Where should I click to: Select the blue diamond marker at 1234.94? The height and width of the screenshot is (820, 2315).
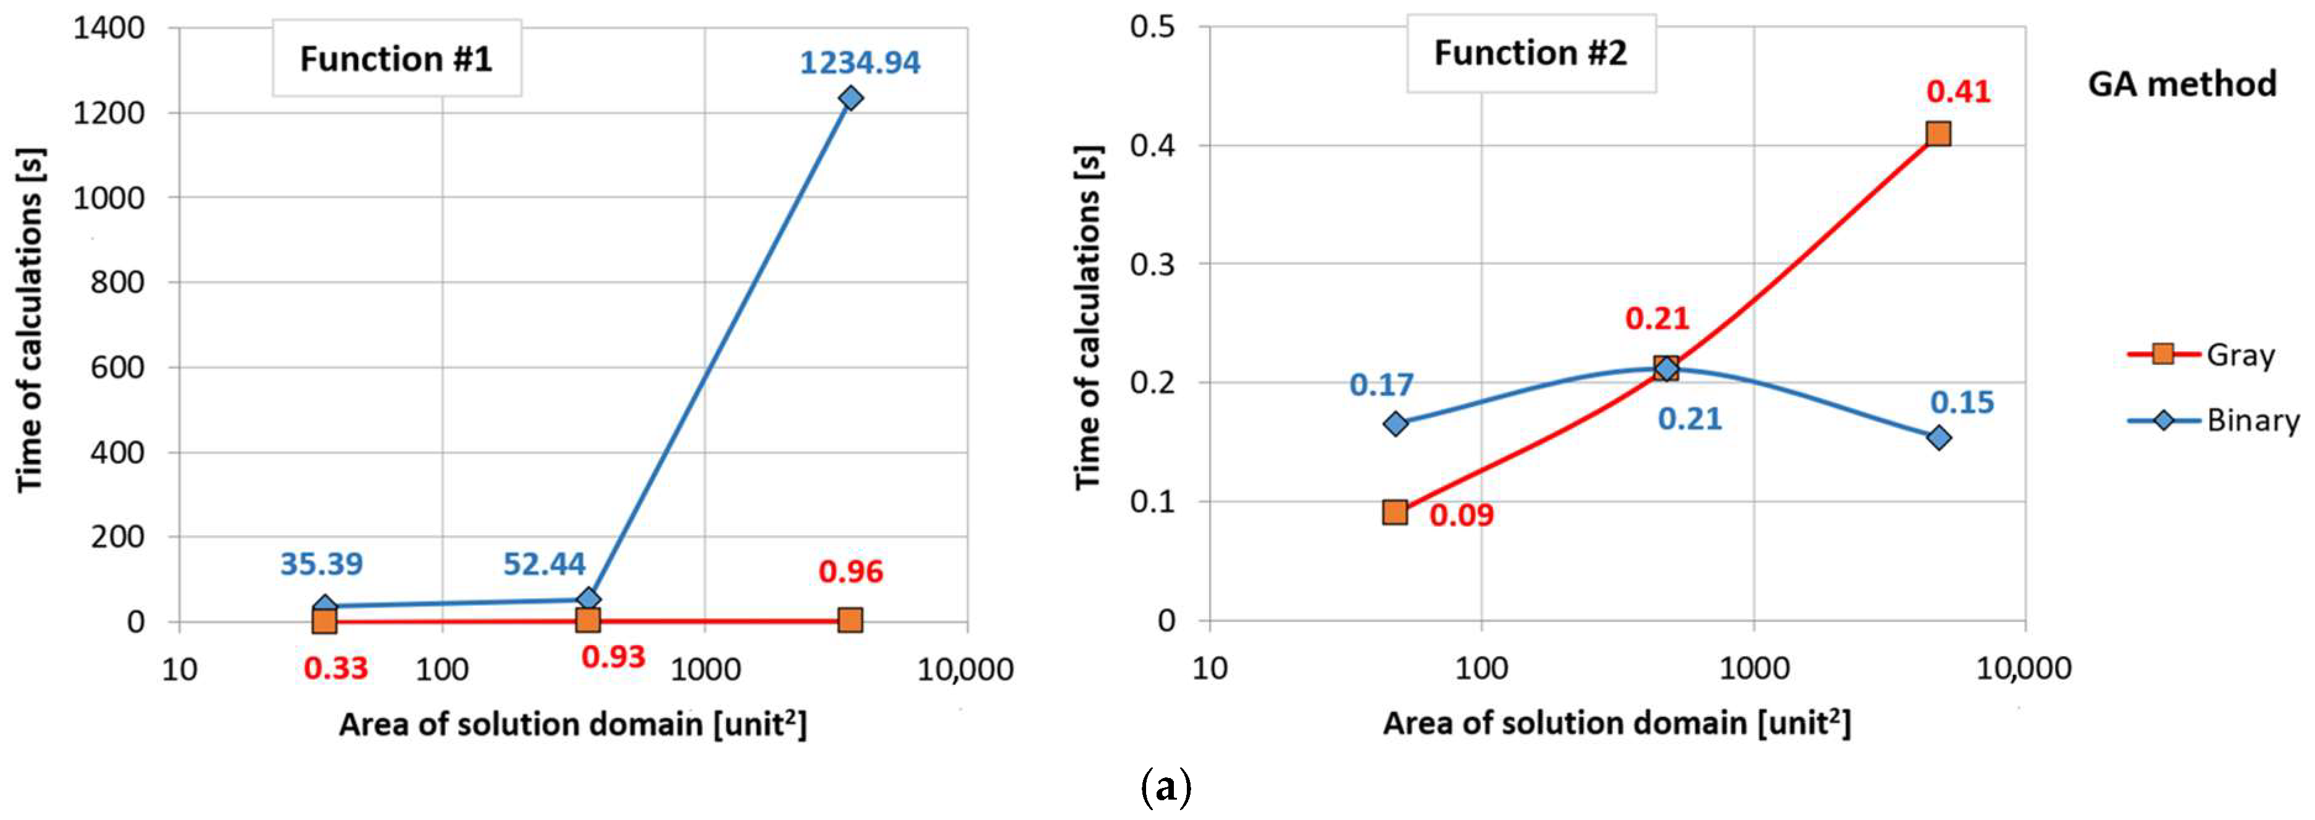click(x=849, y=98)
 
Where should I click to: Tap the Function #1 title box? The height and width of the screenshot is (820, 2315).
click(x=396, y=59)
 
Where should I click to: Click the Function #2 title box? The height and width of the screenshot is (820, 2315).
click(x=1530, y=53)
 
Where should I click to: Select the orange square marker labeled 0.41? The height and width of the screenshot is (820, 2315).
click(x=1938, y=134)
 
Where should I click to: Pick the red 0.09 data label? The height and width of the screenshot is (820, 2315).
click(x=1461, y=515)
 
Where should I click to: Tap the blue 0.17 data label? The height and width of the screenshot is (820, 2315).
click(x=1381, y=385)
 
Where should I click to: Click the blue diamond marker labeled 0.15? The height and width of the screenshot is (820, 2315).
click(x=1938, y=438)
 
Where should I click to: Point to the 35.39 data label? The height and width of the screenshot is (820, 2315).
click(x=321, y=564)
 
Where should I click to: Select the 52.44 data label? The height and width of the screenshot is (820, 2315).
click(x=543, y=564)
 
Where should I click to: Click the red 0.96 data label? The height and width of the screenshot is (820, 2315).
click(x=850, y=571)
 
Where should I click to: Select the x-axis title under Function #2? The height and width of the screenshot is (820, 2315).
click(x=1617, y=723)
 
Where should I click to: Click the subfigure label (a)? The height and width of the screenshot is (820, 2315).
click(x=1166, y=787)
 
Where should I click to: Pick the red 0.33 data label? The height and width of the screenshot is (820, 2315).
click(x=335, y=668)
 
